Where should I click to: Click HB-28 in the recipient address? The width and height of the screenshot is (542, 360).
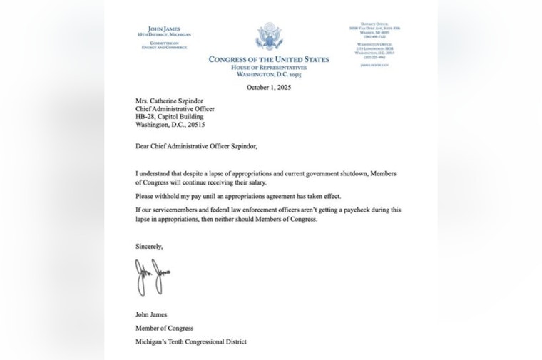tap(145, 116)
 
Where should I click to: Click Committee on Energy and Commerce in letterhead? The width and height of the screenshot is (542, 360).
tap(164, 45)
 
